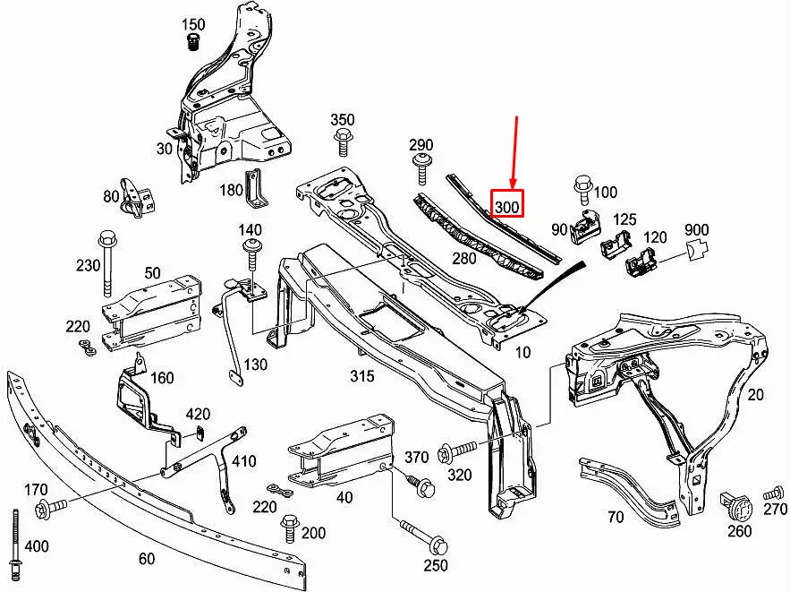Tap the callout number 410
coord(243,461)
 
